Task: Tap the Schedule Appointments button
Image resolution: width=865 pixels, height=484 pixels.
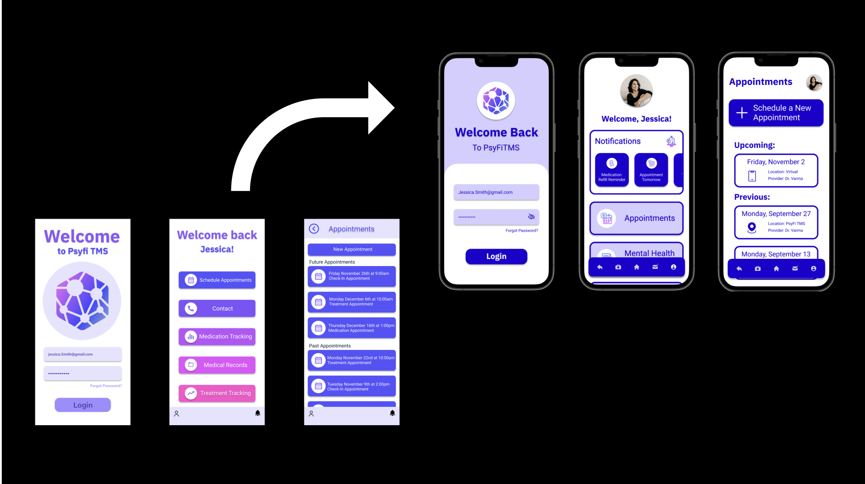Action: coord(217,280)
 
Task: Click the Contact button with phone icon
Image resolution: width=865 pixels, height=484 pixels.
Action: coord(217,308)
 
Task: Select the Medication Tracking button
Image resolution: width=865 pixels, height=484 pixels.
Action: coord(217,336)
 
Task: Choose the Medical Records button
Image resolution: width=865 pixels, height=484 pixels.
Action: coord(217,365)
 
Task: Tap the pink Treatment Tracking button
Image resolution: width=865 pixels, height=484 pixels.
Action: coord(217,393)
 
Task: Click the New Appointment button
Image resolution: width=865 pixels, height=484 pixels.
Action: coord(352,249)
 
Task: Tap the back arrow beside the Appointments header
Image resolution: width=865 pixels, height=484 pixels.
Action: coord(314,229)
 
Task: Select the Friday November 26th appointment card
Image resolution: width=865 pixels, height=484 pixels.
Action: coord(352,276)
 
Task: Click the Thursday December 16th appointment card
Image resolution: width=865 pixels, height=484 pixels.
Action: coord(352,328)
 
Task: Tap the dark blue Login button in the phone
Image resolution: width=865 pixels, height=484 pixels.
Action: coord(496,257)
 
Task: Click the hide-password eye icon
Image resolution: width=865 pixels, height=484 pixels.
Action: coord(531,217)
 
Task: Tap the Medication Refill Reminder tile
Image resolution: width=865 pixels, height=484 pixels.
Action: coord(612,170)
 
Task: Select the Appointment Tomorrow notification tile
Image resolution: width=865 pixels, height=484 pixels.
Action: coord(651,170)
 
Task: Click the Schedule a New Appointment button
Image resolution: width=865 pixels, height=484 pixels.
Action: coord(776,113)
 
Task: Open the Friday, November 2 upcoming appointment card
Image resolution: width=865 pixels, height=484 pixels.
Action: coord(776,170)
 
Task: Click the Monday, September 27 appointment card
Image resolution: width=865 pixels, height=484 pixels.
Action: coord(776,222)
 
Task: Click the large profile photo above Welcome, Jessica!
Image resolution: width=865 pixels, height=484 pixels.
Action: coord(636,91)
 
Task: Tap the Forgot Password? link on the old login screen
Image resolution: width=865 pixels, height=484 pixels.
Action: coord(106,386)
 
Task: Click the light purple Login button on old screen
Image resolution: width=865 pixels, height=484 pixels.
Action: coord(83,405)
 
